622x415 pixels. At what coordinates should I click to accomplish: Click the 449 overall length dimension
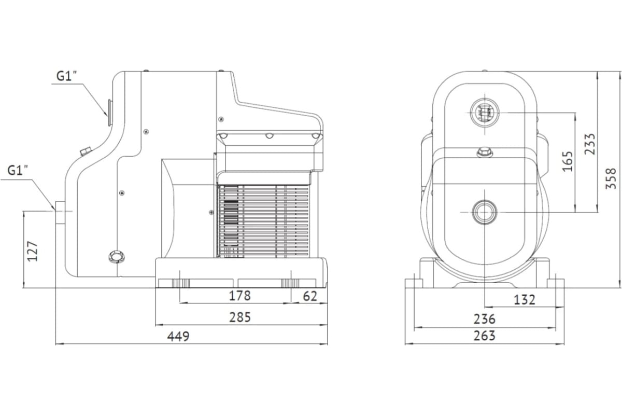(x=178, y=336)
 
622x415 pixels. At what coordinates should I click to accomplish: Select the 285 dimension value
(x=240, y=317)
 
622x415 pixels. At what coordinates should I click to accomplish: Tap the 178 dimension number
(x=239, y=296)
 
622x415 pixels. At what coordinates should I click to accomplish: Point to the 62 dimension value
(x=310, y=296)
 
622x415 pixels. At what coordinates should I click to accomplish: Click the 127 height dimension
(x=32, y=251)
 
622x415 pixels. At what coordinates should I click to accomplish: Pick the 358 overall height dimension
(x=611, y=178)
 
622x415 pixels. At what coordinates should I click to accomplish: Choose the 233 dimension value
(x=590, y=144)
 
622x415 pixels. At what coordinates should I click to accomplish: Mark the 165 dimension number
(x=568, y=161)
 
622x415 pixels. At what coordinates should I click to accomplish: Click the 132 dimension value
(x=524, y=300)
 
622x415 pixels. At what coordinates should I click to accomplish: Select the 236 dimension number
(x=485, y=319)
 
